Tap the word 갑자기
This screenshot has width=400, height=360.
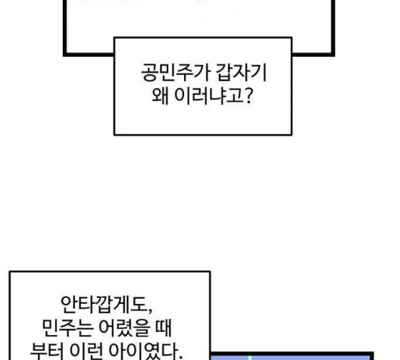tap(242, 73)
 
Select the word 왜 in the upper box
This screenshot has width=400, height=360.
tap(160, 95)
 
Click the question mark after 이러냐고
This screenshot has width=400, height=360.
tap(248, 95)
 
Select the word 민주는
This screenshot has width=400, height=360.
tap(67, 328)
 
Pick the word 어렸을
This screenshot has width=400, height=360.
tap(123, 328)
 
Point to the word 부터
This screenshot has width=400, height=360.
tap(47, 351)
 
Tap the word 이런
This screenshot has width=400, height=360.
tap(86, 351)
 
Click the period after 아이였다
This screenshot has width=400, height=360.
tap(180, 357)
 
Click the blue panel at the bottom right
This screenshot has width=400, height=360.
tap(291, 357)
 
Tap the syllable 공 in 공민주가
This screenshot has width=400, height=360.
tap(149, 73)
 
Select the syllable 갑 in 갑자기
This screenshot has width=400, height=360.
tap(224, 73)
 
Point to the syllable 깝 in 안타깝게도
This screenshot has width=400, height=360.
tap(105, 305)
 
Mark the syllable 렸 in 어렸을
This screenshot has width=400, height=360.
tap(124, 328)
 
